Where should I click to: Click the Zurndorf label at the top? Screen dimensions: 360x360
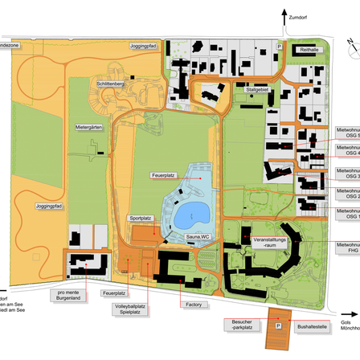point(300,14)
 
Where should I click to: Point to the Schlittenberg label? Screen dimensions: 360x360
point(111,84)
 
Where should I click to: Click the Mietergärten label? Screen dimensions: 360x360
point(90,127)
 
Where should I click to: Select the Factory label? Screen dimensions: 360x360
point(193,305)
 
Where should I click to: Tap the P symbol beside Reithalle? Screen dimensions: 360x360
point(280,47)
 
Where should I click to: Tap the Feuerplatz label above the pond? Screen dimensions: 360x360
point(162,174)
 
